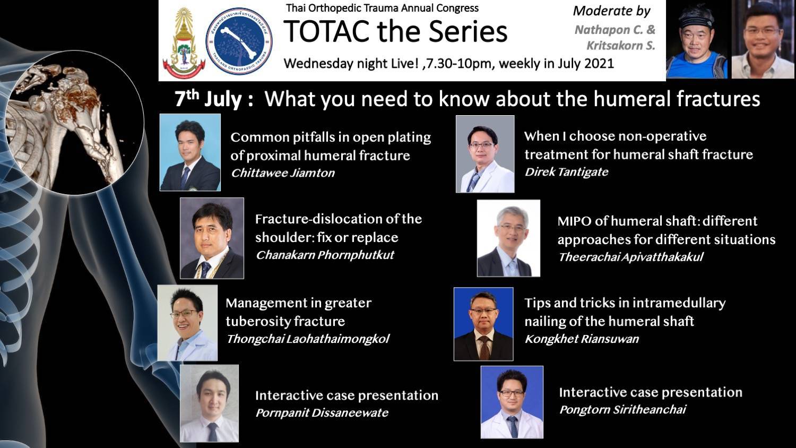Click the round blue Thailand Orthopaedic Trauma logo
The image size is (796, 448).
tap(239, 41)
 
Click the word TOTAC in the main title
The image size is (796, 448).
tap(326, 32)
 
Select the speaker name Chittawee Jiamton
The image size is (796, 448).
tap(283, 173)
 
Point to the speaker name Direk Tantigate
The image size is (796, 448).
tap(566, 172)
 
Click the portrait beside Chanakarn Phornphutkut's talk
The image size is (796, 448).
tap(212, 238)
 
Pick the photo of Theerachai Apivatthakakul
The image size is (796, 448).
tap(508, 238)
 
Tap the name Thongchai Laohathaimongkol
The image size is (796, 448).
tap(308, 339)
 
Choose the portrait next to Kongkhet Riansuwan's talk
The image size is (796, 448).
tap(483, 324)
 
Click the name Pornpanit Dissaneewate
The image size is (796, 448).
tap(322, 413)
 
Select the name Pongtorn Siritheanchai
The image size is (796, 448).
tap(622, 410)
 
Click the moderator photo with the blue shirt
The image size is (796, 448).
tap(696, 40)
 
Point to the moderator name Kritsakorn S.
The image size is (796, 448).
tap(620, 46)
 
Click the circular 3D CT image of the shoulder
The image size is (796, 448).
tap(75, 123)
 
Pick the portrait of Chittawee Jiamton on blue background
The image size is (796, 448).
tap(190, 152)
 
